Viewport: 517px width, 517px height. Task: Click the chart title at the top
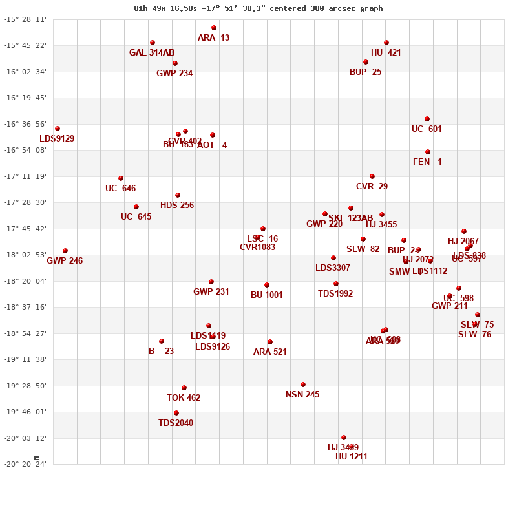258,8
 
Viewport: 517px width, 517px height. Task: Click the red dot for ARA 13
214,28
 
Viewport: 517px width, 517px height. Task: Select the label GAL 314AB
152,53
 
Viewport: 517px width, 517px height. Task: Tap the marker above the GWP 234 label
175,63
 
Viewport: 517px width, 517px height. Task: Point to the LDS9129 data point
58,129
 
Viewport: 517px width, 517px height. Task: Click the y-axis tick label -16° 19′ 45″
26,98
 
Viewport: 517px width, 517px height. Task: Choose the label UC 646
121,189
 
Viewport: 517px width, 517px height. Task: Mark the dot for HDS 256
178,195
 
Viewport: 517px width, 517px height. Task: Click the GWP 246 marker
65,251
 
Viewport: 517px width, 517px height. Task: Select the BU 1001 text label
267,295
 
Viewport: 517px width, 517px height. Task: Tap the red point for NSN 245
303,385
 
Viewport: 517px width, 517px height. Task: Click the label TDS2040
176,423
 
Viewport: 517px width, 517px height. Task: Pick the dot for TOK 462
184,388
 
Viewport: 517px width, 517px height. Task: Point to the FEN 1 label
427,162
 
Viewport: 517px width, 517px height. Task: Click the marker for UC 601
427,119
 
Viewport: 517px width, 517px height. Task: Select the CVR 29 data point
372,176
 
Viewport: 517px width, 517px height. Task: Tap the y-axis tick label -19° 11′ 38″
26,359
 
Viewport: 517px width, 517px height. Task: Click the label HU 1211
352,457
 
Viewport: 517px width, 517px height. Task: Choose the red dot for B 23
162,341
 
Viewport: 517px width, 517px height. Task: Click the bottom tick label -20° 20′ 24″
26,464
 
